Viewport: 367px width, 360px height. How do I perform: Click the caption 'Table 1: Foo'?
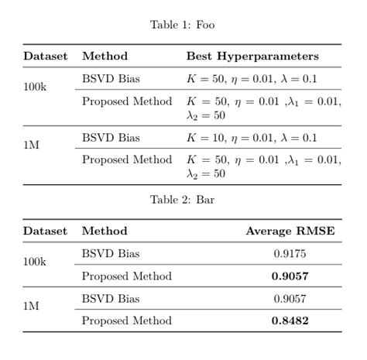pos(182,25)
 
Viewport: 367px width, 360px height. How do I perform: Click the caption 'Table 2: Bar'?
pos(182,200)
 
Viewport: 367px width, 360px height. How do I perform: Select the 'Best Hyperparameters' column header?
pos(252,56)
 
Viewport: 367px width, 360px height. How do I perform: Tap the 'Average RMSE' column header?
pos(290,231)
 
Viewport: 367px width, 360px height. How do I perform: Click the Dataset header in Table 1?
pos(46,56)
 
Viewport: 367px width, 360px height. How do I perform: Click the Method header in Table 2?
pos(105,231)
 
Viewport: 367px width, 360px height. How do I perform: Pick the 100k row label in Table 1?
pos(35,87)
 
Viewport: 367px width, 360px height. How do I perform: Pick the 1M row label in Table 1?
pos(31,145)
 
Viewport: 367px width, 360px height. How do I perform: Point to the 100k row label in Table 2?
pos(35,262)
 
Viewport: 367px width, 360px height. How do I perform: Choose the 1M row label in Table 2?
pos(31,306)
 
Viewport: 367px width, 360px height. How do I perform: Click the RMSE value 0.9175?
pos(290,253)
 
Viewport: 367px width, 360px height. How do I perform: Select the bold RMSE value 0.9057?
pos(290,276)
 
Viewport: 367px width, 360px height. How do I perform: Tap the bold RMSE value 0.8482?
pos(290,321)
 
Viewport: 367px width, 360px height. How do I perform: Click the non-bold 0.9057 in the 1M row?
pos(290,298)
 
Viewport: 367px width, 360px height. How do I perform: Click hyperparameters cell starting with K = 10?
pos(252,138)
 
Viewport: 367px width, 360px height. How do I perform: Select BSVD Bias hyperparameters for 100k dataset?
pos(252,79)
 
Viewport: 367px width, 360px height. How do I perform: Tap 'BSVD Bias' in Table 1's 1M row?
pos(111,138)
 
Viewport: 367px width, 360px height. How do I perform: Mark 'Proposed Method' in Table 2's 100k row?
pos(127,276)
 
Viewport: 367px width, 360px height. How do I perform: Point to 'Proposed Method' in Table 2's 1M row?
pos(127,321)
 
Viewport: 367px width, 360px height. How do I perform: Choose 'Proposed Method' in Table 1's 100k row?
pos(127,101)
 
